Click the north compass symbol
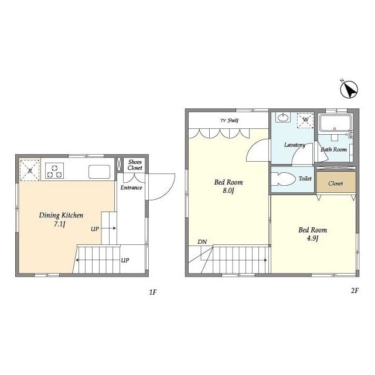349,89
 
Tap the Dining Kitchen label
61,215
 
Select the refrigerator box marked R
29,171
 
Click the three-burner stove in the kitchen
54,171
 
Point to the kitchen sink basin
99,172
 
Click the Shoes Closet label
135,165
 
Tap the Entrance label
131,187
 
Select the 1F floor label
153,292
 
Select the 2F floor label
355,291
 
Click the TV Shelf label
230,120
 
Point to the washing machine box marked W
305,121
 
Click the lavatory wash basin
283,117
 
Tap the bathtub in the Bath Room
336,123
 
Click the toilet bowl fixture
284,179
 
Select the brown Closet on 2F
336,182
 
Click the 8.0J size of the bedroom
228,191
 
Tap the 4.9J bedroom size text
312,238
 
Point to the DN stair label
202,242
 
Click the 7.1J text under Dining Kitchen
60,224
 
